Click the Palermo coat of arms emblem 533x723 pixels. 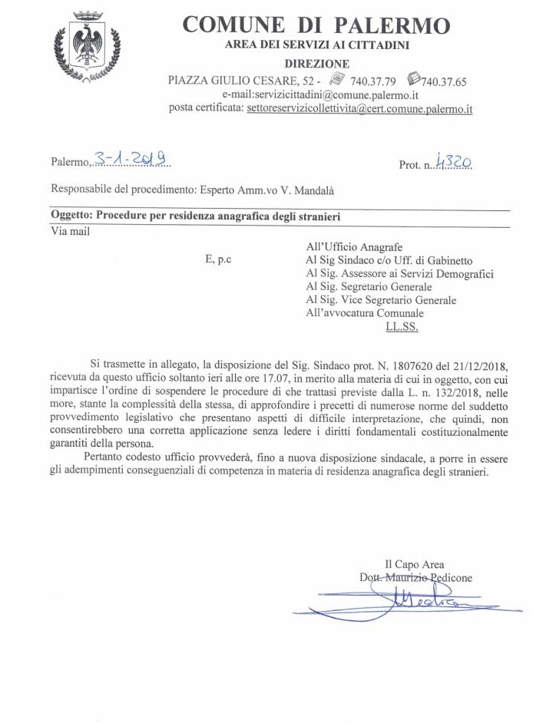click(87, 48)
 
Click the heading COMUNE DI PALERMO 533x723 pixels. click(316, 25)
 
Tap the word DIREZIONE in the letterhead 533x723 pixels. click(316, 63)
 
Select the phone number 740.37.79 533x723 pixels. click(372, 80)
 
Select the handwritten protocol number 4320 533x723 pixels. click(452, 162)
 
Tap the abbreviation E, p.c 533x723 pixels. click(218, 260)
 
